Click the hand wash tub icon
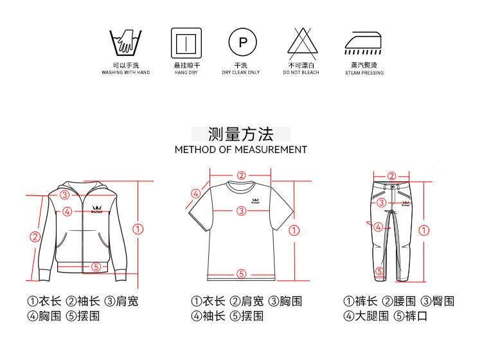pyautogui.click(x=126, y=42)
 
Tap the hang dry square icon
pyautogui.click(x=186, y=43)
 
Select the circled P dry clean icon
pyautogui.click(x=242, y=42)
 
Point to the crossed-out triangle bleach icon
pyautogui.click(x=303, y=44)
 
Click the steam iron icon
pyautogui.click(x=363, y=42)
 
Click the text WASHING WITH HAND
pyautogui.click(x=126, y=73)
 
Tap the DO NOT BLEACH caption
pyautogui.click(x=301, y=73)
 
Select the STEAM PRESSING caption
pyautogui.click(x=364, y=73)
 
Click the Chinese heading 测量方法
pyautogui.click(x=241, y=134)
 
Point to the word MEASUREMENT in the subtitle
pyautogui.click(x=271, y=150)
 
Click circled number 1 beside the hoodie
pyautogui.click(x=138, y=229)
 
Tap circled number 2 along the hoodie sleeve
pyautogui.click(x=35, y=237)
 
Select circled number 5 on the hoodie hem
pyautogui.click(x=96, y=267)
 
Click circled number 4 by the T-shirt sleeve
pyautogui.click(x=196, y=194)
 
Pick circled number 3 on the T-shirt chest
pyautogui.click(x=242, y=211)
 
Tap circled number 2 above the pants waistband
pyautogui.click(x=391, y=176)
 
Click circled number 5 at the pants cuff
pyautogui.click(x=380, y=271)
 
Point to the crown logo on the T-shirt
pyautogui.click(x=255, y=201)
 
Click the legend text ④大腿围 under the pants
pyautogui.click(x=366, y=316)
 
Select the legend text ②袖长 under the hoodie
pyautogui.click(x=83, y=301)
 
